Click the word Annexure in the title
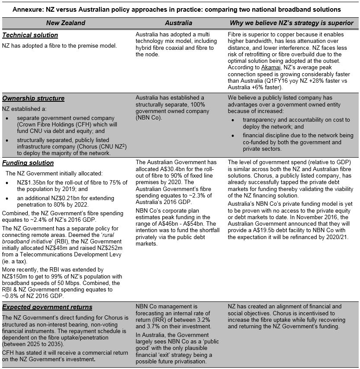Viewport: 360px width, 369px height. [27, 9]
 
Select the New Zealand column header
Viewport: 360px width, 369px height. [66, 23]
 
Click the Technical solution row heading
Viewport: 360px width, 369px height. [30, 35]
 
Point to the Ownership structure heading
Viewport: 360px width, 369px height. [33, 98]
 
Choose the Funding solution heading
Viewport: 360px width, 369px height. [28, 163]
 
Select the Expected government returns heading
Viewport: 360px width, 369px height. [47, 307]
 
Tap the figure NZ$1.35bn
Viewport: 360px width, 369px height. [32, 183]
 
